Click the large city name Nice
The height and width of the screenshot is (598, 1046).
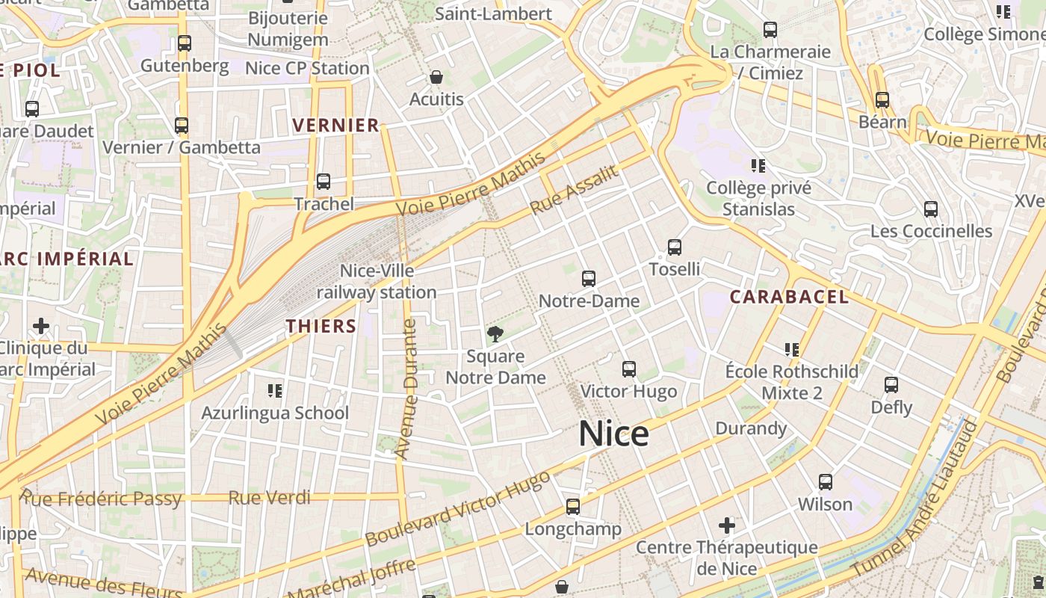coord(613,434)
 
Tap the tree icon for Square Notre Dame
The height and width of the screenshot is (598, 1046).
coord(495,334)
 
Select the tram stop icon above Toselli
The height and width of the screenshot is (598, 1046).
coord(675,247)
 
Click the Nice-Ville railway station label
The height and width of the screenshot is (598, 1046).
coord(377,282)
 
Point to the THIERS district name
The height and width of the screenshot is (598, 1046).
coord(321,326)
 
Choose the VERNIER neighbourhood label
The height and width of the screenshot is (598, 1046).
coord(336,125)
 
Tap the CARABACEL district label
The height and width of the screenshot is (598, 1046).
coord(789,297)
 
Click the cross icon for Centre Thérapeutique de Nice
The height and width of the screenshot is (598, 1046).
coord(726,525)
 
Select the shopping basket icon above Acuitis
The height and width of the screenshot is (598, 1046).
coord(436,77)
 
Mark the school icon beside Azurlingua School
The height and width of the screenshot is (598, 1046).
coord(275,390)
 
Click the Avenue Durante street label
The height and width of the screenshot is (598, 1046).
coord(407,389)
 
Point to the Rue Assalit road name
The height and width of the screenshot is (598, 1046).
coord(575,190)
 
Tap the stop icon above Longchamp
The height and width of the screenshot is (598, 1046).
coord(573,507)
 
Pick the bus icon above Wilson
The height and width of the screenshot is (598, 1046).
coord(825,482)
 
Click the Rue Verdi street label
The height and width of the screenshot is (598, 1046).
coord(269,497)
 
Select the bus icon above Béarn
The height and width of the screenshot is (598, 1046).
coord(882,99)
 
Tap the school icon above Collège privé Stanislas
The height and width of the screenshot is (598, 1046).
coord(759,165)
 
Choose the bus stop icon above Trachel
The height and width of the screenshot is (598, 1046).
coord(324,181)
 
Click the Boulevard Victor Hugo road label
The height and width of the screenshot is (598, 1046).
coord(458,508)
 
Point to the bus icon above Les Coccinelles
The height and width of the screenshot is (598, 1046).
coord(931,209)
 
